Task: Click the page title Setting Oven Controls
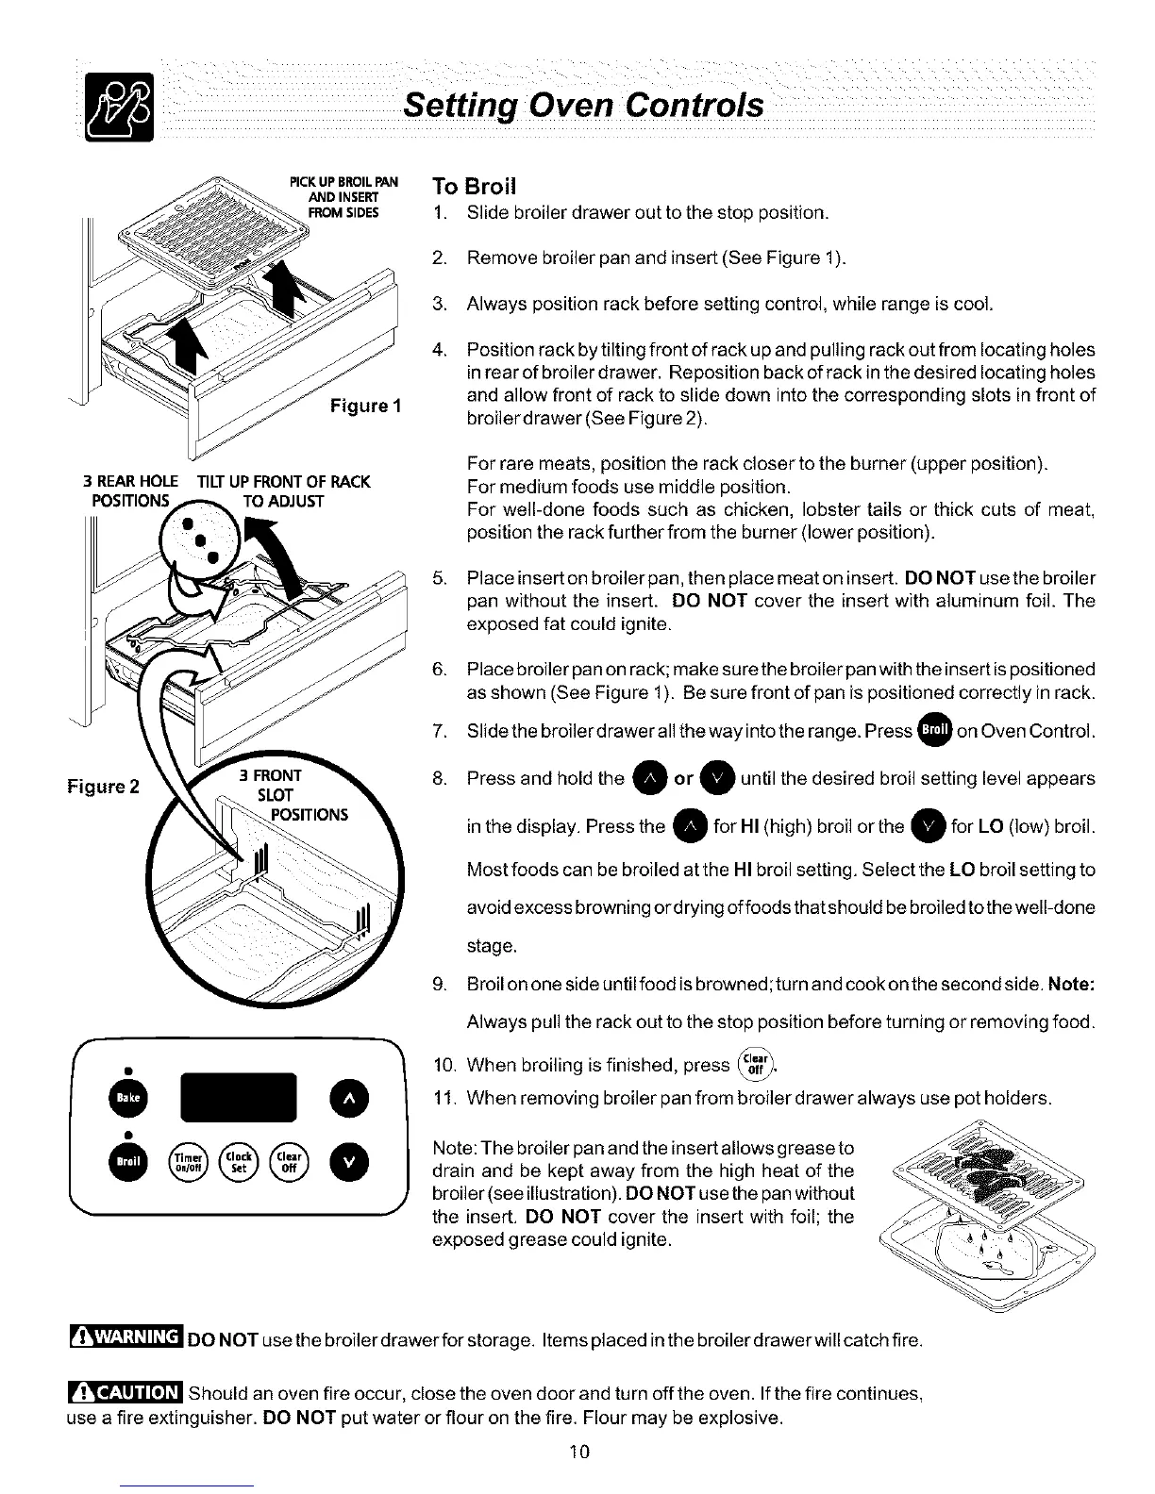click(x=583, y=105)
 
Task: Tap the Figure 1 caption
click(x=366, y=407)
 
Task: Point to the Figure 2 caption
click(x=103, y=786)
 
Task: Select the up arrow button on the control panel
click(x=348, y=1098)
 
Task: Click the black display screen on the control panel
click(x=237, y=1098)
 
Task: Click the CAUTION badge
click(x=126, y=1392)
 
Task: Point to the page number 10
click(x=579, y=1451)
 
